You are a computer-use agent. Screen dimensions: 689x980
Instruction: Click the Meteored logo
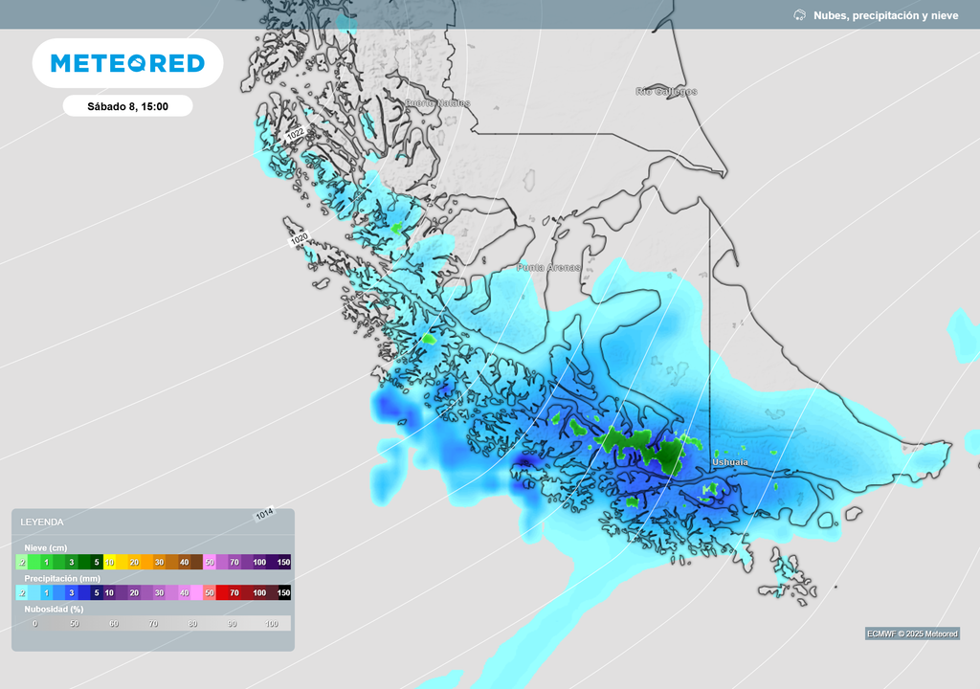(x=127, y=63)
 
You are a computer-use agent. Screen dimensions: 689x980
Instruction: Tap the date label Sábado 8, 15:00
(x=127, y=106)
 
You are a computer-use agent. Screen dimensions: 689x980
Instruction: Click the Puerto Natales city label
(x=437, y=103)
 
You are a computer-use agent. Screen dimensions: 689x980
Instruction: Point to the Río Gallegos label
(x=666, y=92)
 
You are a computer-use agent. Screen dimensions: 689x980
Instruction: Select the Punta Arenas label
(x=548, y=268)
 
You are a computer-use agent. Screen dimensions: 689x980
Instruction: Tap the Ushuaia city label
(x=730, y=463)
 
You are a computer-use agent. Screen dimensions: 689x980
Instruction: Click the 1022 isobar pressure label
(x=296, y=137)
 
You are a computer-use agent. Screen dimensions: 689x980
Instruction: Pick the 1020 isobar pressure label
(x=299, y=240)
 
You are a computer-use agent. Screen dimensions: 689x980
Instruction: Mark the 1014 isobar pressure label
(x=264, y=514)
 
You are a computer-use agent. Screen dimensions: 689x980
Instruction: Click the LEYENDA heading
(x=42, y=522)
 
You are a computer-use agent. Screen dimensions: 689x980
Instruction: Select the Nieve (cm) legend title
(x=46, y=547)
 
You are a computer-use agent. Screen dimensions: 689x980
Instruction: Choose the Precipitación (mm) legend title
(x=62, y=578)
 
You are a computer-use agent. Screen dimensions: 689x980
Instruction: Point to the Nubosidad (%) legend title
(x=54, y=609)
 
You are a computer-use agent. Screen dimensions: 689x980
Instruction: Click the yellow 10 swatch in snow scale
(x=109, y=562)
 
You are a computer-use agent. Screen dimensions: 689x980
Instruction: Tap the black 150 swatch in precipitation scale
(x=283, y=593)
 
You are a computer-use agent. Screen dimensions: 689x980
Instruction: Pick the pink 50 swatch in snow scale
(x=209, y=562)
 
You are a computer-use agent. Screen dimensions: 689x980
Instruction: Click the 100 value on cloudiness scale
(x=271, y=624)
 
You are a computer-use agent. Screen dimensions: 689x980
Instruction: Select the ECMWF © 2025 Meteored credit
(x=912, y=633)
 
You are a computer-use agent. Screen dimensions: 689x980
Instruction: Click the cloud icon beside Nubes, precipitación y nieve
(x=799, y=15)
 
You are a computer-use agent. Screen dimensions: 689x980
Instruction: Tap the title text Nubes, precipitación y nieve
(x=885, y=15)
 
